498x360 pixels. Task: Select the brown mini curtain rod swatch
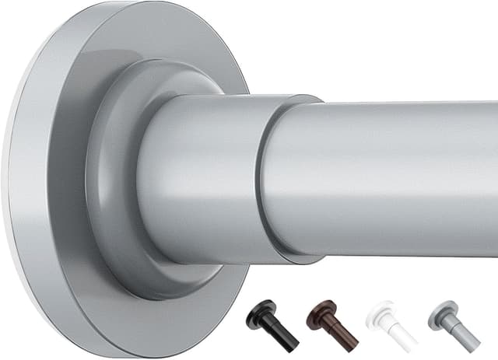[332, 323]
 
